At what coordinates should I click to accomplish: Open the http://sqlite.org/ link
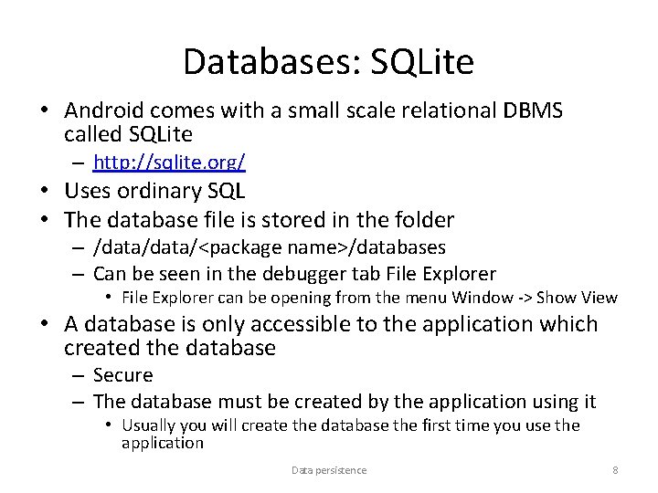pos(169,163)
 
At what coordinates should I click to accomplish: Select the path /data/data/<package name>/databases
pos(270,247)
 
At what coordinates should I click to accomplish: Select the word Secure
pos(123,375)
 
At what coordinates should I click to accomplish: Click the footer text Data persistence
pos(329,470)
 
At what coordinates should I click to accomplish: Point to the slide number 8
pos(615,470)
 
